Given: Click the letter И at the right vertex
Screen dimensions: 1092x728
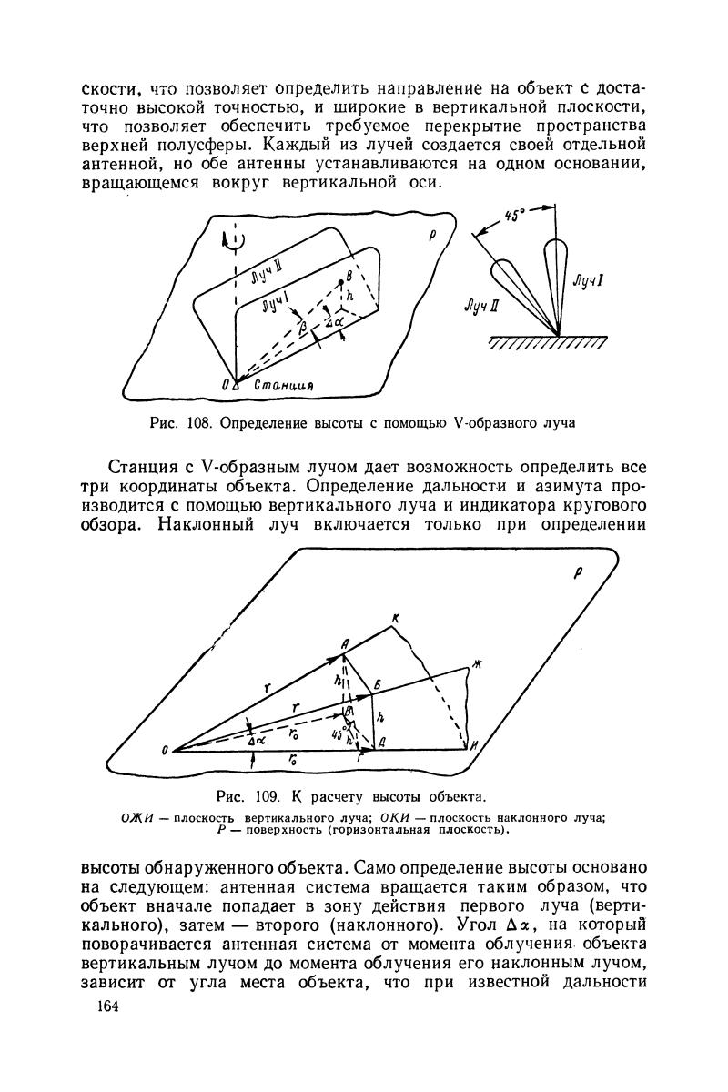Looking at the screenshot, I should pyautogui.click(x=476, y=746).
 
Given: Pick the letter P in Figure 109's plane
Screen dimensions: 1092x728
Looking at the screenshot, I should pyautogui.click(x=576, y=574).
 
